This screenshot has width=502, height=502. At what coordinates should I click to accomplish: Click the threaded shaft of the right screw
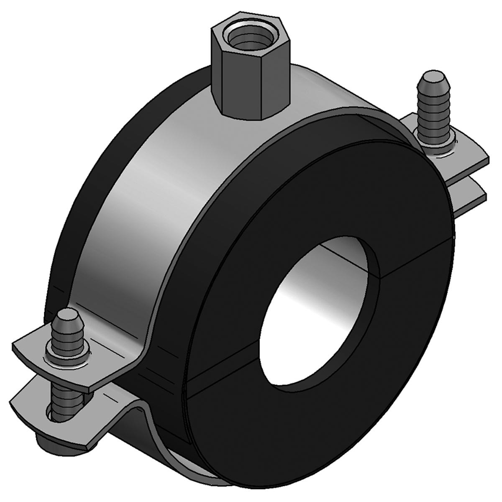(430, 113)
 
